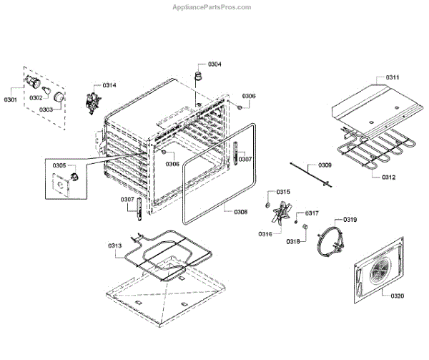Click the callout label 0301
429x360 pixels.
tap(11, 99)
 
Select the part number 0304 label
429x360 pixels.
tap(214, 64)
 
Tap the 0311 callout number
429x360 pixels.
tap(393, 77)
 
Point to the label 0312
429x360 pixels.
tap(389, 177)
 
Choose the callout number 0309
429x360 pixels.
tap(324, 165)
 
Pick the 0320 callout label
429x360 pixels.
tap(396, 294)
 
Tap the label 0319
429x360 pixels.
tap(350, 220)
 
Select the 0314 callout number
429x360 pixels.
tap(109, 85)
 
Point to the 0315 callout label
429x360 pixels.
tap(283, 193)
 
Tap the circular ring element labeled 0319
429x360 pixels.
tap(330, 240)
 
